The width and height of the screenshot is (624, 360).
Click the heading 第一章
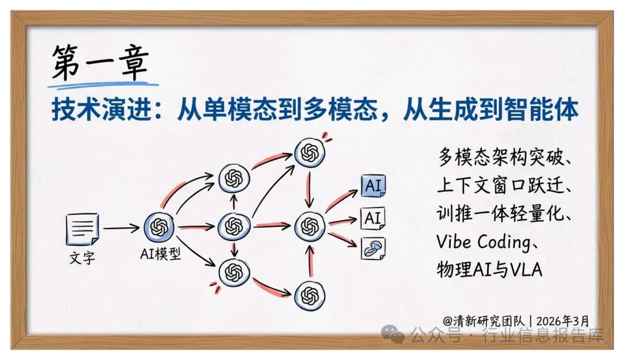[x=101, y=62]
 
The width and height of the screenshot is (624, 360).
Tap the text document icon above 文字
[x=83, y=229]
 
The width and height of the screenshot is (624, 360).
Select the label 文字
[x=83, y=258]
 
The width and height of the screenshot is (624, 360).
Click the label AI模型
[x=161, y=254]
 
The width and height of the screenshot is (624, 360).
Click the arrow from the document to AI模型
[x=121, y=228]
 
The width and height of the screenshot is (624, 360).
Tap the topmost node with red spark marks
[x=310, y=153]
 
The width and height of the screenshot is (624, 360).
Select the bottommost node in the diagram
[x=310, y=295]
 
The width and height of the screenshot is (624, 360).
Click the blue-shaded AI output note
[x=373, y=185]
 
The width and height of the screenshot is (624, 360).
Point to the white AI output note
[x=373, y=218]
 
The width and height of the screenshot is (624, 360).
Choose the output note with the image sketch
[x=373, y=248]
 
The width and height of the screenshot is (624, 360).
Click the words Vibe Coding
[x=482, y=242]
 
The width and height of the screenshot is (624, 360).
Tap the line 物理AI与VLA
[x=489, y=270]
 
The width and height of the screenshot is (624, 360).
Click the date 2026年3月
[x=562, y=321]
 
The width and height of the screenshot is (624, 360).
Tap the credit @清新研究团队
[x=484, y=321]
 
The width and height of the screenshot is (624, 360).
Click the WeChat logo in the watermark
[x=393, y=334]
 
